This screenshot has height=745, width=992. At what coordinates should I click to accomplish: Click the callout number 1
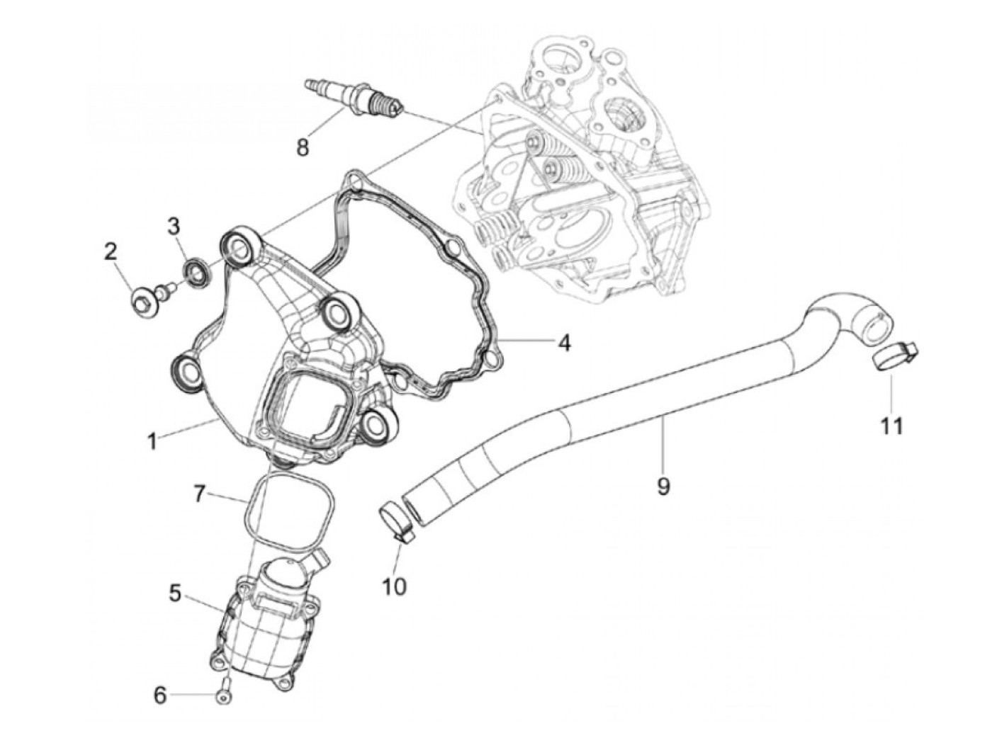click(152, 443)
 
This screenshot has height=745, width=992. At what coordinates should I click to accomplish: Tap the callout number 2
click(111, 251)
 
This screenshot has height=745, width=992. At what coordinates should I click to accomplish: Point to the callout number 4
click(563, 343)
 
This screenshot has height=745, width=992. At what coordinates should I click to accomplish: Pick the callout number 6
click(160, 695)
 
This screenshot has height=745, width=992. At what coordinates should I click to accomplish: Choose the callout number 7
click(201, 494)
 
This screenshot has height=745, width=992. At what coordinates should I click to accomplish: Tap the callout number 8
click(303, 148)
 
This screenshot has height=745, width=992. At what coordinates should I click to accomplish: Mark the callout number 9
click(663, 487)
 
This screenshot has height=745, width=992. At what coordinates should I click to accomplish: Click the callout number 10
click(395, 586)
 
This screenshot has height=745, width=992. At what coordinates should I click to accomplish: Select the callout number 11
click(892, 426)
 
